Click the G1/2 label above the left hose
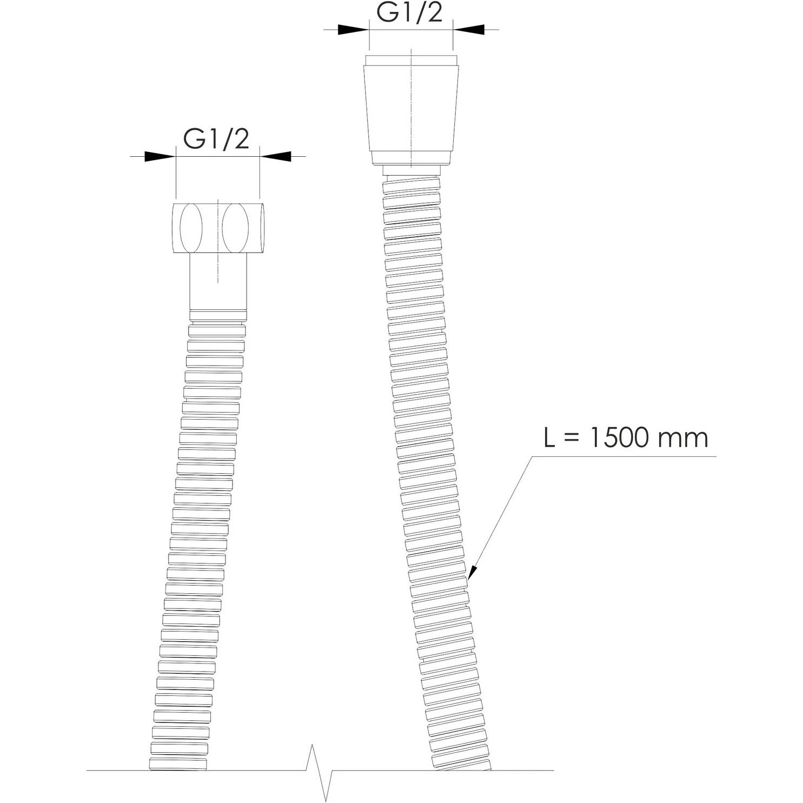tap(216, 139)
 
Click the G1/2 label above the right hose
tap(409, 12)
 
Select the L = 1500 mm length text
tap(626, 437)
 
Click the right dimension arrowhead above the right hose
tap(469, 29)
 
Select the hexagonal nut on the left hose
tap(219, 228)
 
